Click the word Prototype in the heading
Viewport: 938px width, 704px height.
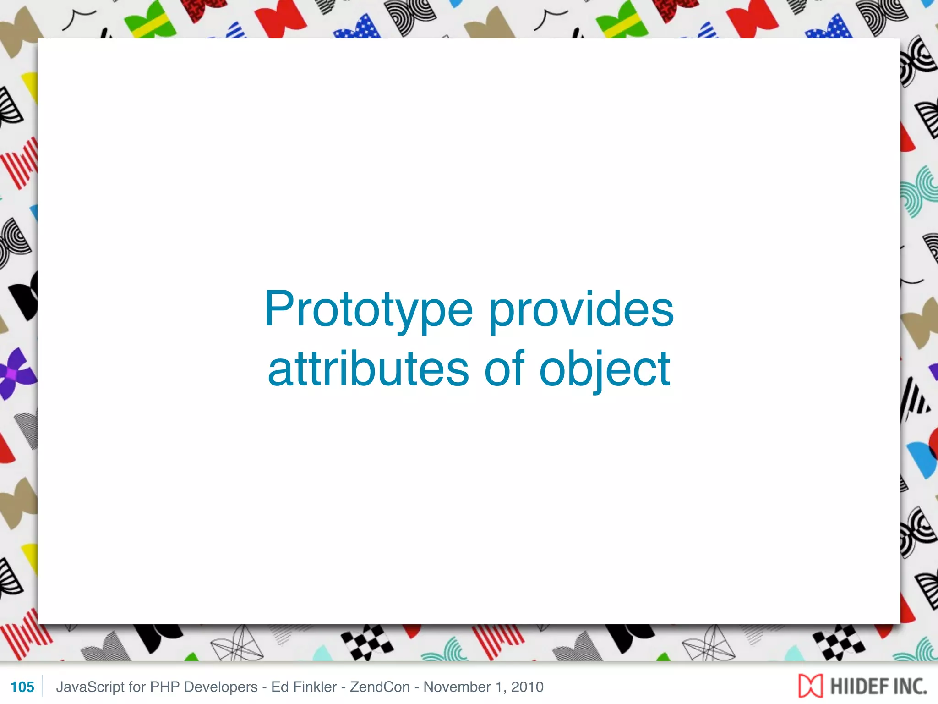click(x=368, y=310)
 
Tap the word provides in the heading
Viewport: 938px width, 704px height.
click(x=581, y=310)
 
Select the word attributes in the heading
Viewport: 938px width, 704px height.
click(x=368, y=369)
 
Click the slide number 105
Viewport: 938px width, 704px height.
click(x=22, y=687)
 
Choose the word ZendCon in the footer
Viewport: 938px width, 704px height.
click(x=380, y=687)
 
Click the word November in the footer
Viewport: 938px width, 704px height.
click(x=457, y=687)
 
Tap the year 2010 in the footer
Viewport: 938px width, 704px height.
click(x=527, y=687)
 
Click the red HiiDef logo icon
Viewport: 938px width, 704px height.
click(x=810, y=686)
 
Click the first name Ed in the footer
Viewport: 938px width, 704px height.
click(x=279, y=687)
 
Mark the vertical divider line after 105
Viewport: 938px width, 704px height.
click(x=42, y=686)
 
